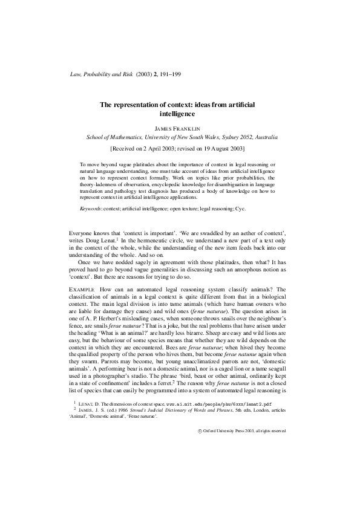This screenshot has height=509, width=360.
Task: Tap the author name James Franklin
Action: (180, 128)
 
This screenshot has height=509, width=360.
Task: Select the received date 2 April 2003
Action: (159, 147)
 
